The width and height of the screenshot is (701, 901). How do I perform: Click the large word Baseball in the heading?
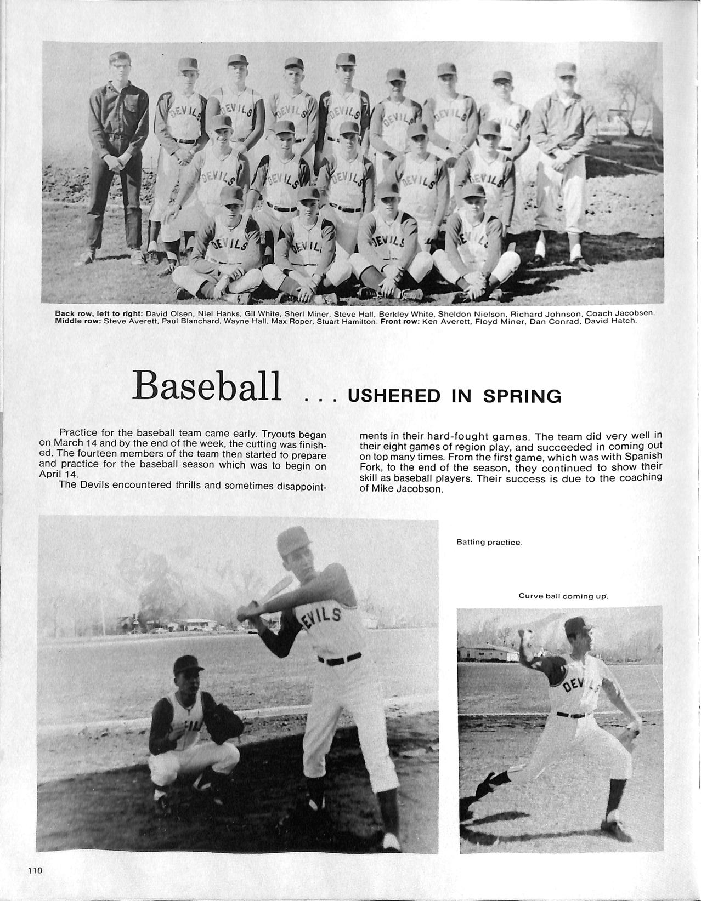(x=207, y=386)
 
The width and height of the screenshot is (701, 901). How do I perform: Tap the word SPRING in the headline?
(x=522, y=396)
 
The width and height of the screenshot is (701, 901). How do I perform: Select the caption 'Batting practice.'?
(x=489, y=542)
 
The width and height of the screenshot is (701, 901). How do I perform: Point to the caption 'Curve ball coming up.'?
(x=563, y=596)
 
